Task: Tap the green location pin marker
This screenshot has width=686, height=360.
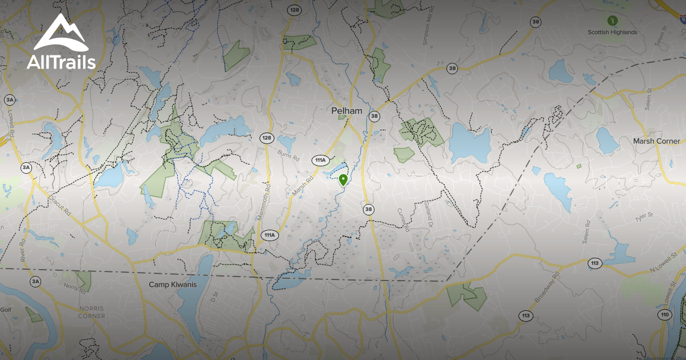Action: point(343,181)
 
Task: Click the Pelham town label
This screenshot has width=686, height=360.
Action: point(347,110)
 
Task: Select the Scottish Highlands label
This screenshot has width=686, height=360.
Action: point(612,33)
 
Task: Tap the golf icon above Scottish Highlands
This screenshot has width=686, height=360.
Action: point(613,20)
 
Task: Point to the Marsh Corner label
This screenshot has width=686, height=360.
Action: point(656,141)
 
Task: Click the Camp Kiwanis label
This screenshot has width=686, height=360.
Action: point(173,284)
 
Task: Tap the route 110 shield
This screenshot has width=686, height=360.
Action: point(664,315)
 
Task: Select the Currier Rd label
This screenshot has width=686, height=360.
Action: point(405,220)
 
